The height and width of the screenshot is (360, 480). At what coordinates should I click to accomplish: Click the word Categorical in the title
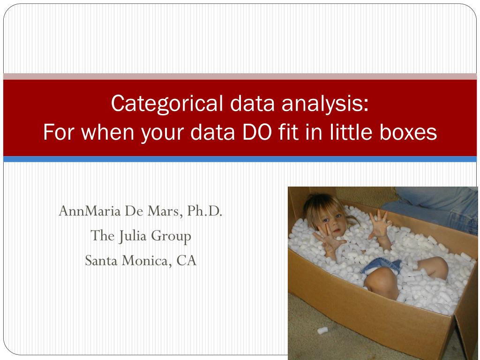click(x=167, y=104)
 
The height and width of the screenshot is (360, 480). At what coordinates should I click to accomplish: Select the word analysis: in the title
click(x=325, y=104)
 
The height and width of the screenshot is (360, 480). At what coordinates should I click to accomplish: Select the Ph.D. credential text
click(x=204, y=211)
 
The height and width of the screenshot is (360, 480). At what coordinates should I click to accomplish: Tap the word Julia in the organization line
click(x=132, y=236)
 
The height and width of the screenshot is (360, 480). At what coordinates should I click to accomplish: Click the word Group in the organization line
click(x=171, y=237)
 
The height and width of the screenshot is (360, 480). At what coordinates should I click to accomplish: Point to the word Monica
click(x=147, y=261)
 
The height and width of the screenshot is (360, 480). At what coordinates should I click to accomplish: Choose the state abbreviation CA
click(x=187, y=261)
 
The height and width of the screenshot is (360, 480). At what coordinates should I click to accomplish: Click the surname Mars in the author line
click(x=165, y=211)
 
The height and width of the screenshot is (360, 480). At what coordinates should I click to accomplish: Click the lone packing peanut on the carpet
click(x=322, y=330)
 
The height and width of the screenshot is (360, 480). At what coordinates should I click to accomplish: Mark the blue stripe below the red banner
click(x=240, y=159)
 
